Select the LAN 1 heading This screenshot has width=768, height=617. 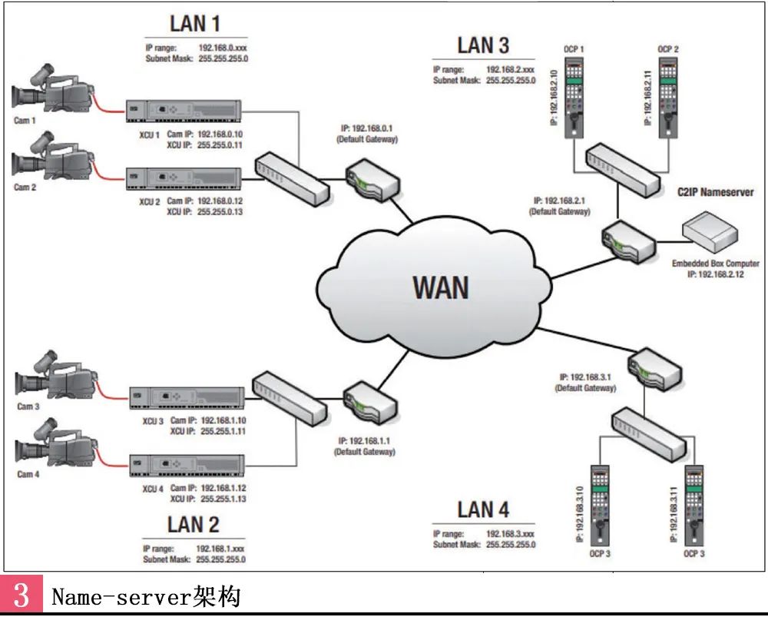coord(194,23)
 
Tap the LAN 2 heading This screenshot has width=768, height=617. coord(194,525)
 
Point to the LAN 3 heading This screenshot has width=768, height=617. coord(483,45)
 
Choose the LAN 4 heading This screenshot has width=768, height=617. coord(483,509)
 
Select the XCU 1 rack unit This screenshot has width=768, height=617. coord(184,112)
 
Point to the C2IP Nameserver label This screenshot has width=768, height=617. coord(714,192)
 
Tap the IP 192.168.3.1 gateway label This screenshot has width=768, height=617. coord(585,383)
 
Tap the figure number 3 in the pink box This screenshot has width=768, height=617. coord(21,597)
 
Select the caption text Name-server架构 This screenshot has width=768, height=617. coord(146,597)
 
